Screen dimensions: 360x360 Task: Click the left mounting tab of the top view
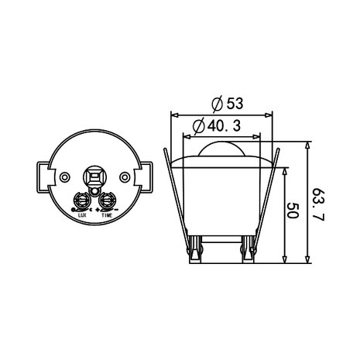tap(43, 177)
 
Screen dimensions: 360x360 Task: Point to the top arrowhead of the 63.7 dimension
tap(309, 146)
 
